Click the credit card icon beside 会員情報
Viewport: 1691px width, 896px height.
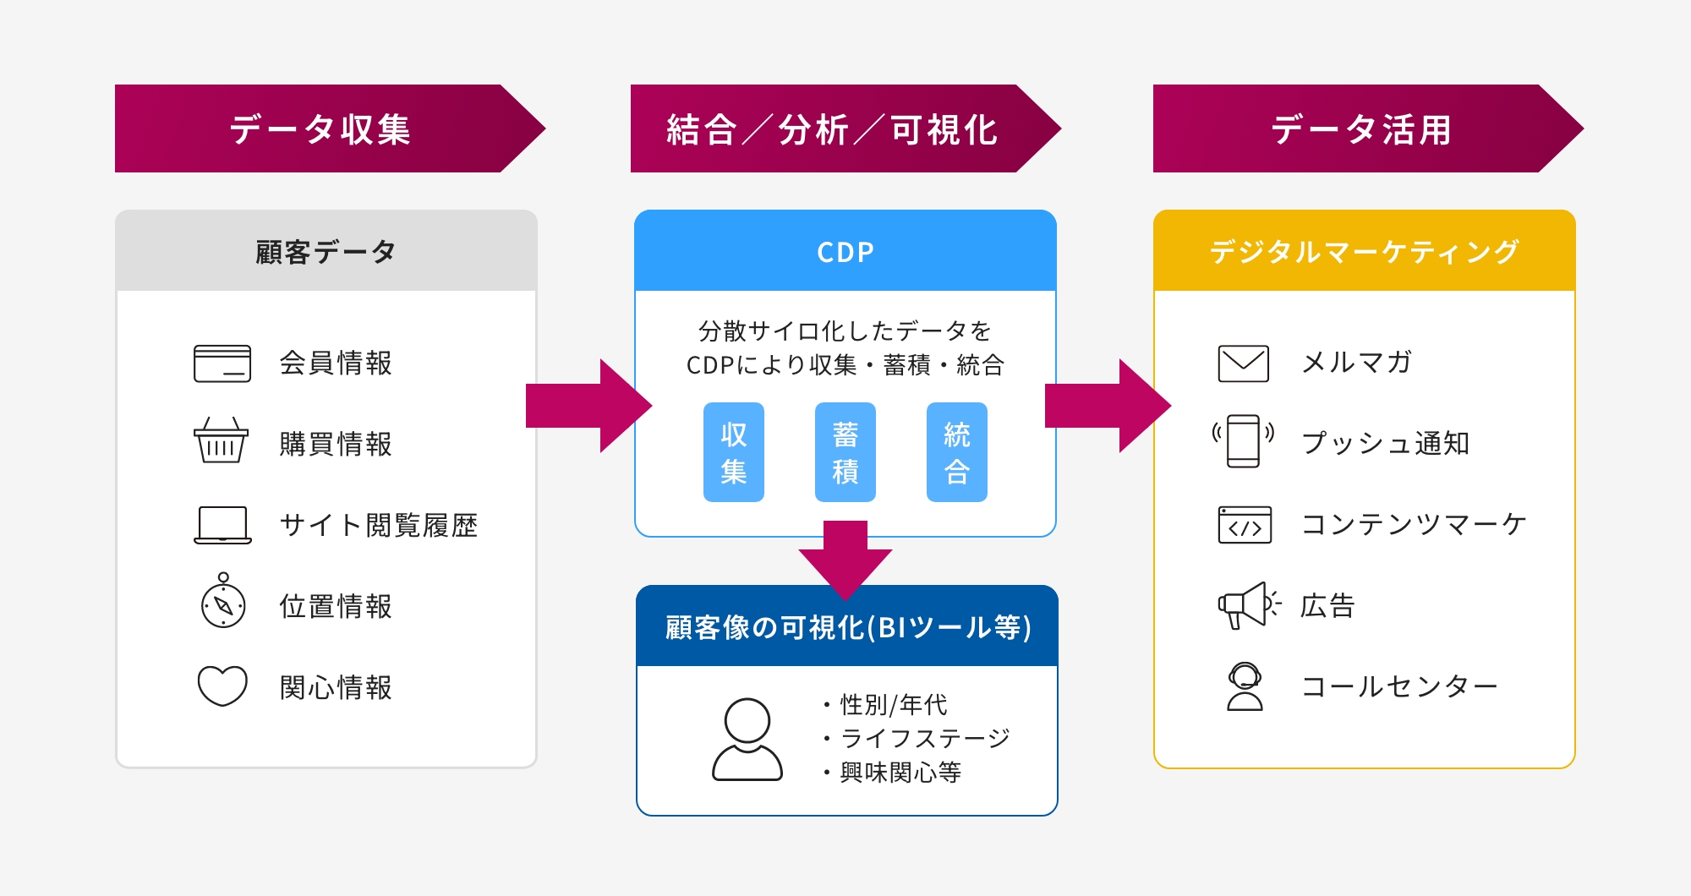pos(222,363)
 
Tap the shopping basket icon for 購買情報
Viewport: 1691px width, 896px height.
pos(222,440)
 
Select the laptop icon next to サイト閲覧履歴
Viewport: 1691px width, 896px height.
pos(222,525)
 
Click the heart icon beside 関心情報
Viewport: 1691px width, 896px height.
pos(222,686)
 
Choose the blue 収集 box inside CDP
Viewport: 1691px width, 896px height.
pos(734,452)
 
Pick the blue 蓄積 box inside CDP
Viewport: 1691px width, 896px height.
pos(845,452)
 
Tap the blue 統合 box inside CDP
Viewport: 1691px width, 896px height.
pos(957,452)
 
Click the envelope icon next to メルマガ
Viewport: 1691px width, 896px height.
pos(1243,363)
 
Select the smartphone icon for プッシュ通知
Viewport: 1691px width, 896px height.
pos(1243,440)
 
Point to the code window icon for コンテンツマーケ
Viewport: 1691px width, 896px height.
pos(1245,525)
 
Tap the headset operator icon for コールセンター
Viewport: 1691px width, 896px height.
pos(1245,686)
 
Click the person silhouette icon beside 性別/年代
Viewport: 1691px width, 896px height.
pos(747,740)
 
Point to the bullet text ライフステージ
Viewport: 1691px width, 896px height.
pos(925,738)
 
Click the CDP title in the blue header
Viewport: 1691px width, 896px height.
pos(845,252)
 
